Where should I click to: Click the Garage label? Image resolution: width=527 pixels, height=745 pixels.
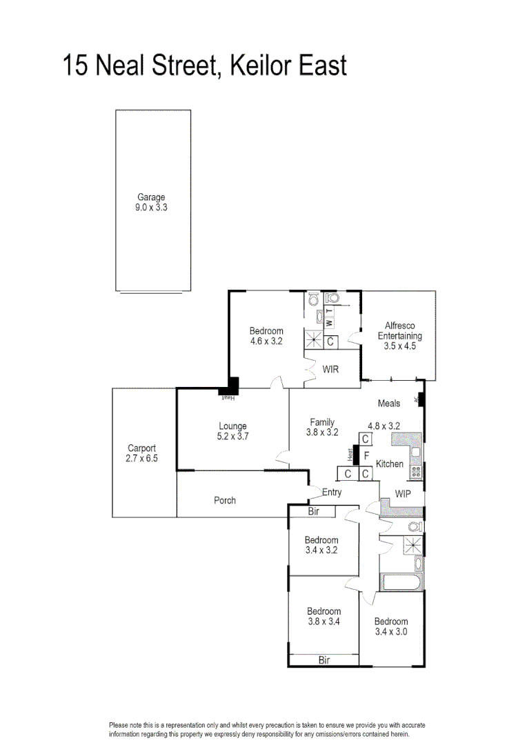151,197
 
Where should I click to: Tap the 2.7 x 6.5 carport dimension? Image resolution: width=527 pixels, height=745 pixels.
141,458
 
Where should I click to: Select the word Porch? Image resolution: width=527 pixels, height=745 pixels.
224,500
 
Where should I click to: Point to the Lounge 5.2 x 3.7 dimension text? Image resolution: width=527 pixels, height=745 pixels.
232,436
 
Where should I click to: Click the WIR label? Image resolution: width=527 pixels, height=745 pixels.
331,369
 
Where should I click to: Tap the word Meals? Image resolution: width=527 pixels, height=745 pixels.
389,404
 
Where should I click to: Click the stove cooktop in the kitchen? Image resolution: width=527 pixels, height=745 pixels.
416,472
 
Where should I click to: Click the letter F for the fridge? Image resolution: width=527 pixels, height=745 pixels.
366,456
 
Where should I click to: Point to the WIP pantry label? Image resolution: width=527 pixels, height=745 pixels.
403,493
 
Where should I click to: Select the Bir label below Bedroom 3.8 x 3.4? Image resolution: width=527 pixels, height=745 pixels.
324,660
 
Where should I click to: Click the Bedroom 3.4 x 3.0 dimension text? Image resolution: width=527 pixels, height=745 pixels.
391,631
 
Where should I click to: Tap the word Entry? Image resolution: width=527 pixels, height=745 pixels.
332,492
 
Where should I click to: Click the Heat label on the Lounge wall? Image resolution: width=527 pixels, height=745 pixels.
228,398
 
